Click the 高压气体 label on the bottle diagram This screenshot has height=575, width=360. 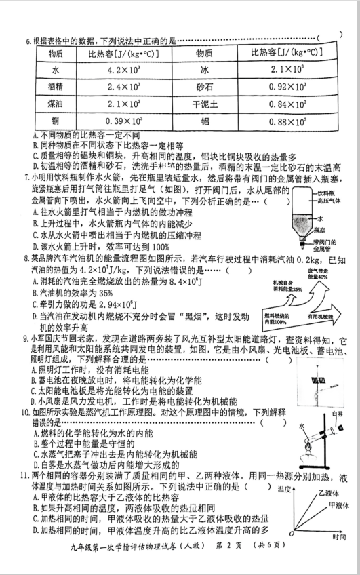[330, 201]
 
